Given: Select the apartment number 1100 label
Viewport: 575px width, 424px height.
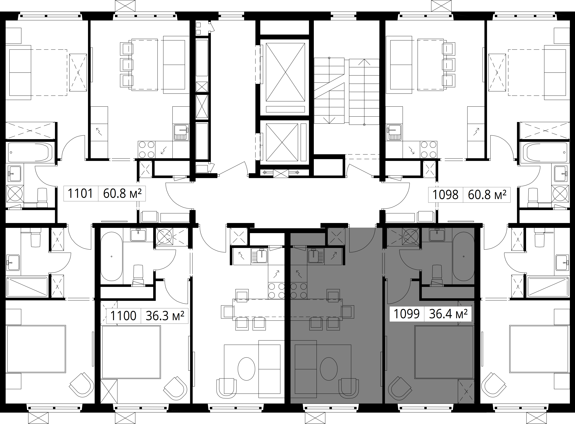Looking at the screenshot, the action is (x=123, y=316).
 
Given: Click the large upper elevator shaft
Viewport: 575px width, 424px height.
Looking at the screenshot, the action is (x=285, y=77).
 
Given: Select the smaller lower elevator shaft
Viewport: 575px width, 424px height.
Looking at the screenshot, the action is (x=285, y=142).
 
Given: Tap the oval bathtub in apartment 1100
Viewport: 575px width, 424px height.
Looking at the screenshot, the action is (x=111, y=257).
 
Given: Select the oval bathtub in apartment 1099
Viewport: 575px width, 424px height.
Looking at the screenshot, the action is (x=463, y=257).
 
